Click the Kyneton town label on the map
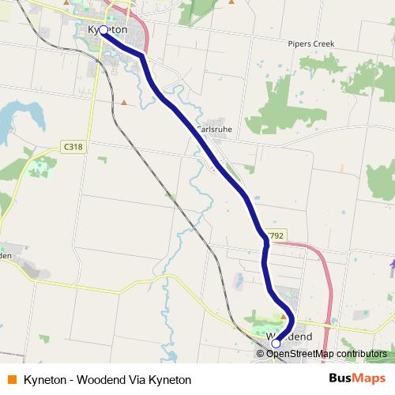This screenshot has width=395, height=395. tap(108, 29)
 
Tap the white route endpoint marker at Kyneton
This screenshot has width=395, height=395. tap(103, 29)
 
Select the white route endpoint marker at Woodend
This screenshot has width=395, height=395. tap(276, 344)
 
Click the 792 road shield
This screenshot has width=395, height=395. tap(275, 235)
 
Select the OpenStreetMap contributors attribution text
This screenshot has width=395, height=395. tap(326, 354)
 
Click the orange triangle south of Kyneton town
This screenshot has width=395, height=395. tap(124, 102)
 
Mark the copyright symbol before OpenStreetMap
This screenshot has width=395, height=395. tap(261, 354)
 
